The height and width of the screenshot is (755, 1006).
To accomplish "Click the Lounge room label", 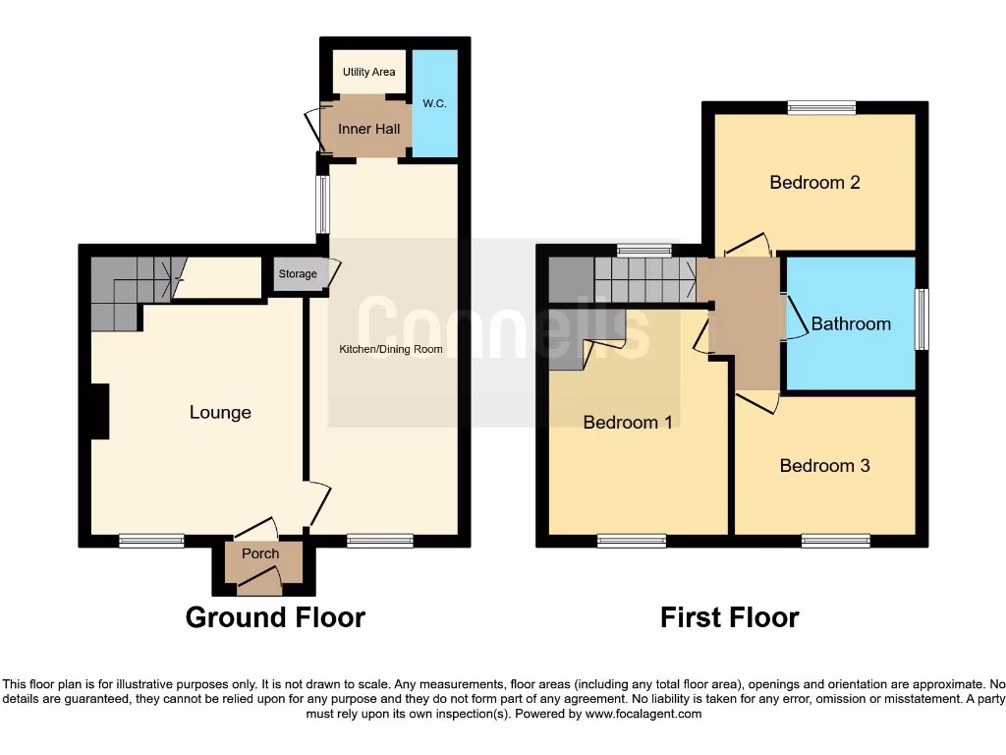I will pyautogui.click(x=220, y=413).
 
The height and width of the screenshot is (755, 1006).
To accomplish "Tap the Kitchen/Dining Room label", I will pyautogui.click(x=391, y=349).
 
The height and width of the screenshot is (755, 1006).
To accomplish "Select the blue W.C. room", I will pyautogui.click(x=434, y=103).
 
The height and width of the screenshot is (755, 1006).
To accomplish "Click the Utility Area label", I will pyautogui.click(x=369, y=72).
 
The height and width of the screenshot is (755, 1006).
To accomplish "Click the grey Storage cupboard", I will pyautogui.click(x=298, y=274).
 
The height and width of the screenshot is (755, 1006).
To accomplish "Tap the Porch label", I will pyautogui.click(x=260, y=553).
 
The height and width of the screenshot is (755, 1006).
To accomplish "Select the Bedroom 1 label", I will pyautogui.click(x=628, y=423).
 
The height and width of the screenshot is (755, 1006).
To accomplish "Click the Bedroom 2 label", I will pyautogui.click(x=814, y=182).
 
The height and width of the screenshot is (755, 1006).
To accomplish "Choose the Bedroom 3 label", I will pyautogui.click(x=824, y=465).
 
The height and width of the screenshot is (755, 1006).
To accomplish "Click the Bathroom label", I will pyautogui.click(x=851, y=323).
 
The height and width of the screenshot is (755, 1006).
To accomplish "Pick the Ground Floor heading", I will pyautogui.click(x=275, y=617).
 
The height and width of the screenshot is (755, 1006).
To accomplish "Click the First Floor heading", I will pyautogui.click(x=729, y=617).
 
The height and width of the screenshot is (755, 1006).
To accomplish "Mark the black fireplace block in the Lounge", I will pyautogui.click(x=98, y=411).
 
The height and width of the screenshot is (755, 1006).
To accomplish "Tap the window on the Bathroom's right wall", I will pyautogui.click(x=921, y=319).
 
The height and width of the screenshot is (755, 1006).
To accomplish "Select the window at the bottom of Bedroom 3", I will pyautogui.click(x=835, y=540).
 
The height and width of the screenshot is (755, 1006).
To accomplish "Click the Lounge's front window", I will pyautogui.click(x=151, y=540).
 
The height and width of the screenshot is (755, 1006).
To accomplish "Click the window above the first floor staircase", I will pyautogui.click(x=644, y=250).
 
